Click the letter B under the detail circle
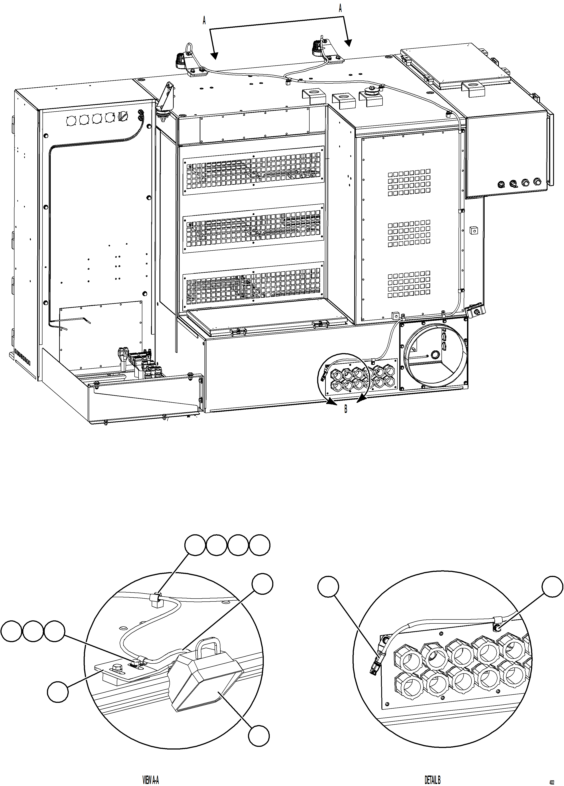(346, 409)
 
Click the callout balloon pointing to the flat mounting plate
(58, 692)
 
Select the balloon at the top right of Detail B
(552, 586)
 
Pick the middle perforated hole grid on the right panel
(409, 233)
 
